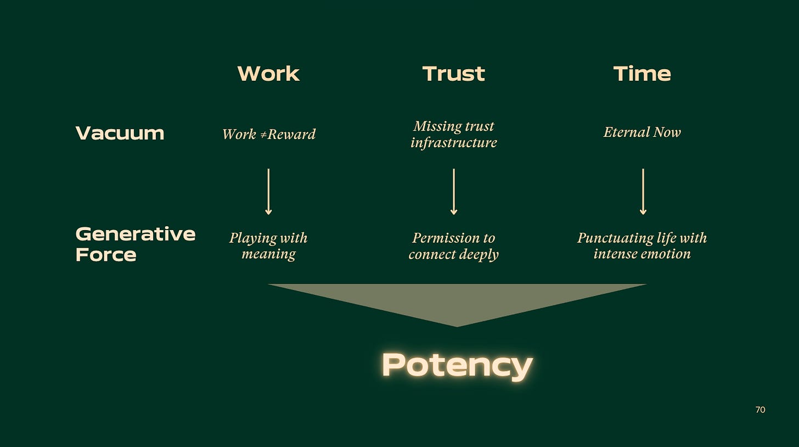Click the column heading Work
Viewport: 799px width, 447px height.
268,74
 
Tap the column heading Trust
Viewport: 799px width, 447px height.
454,74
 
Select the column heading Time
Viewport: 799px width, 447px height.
642,74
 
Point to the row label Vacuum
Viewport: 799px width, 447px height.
120,133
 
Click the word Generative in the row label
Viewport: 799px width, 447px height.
135,234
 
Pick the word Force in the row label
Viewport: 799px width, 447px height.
105,255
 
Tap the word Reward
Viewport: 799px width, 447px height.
291,135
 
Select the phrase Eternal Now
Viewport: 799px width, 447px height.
642,132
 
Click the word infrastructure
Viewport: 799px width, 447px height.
454,143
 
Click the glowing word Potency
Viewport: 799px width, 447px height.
457,365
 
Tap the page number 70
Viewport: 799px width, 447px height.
760,410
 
